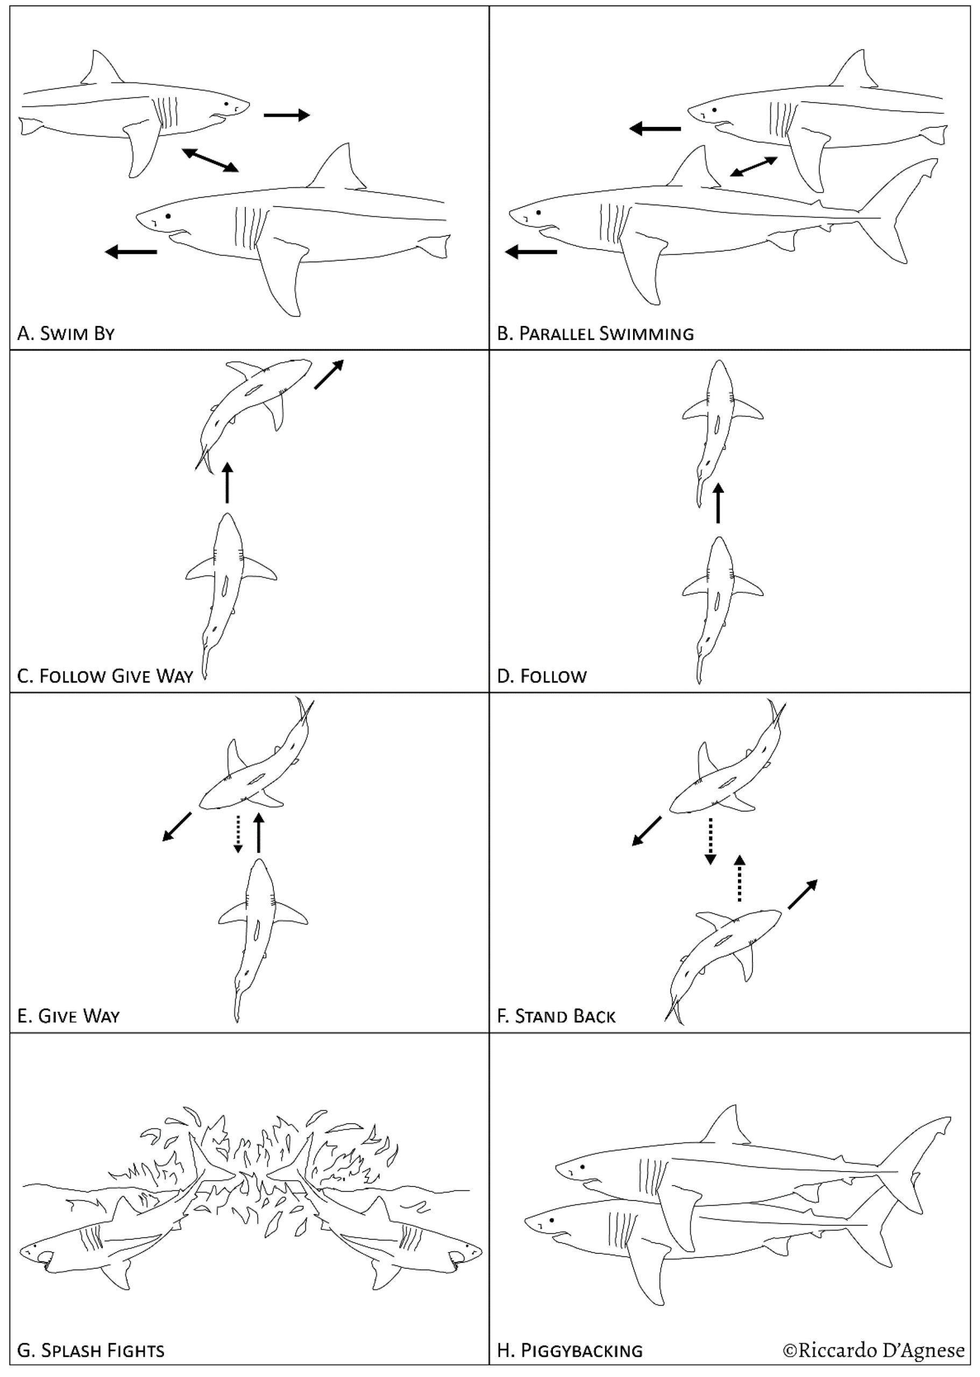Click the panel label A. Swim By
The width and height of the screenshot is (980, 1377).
[66, 333]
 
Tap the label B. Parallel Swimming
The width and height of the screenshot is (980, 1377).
[595, 333]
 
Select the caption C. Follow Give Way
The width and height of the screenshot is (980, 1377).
[105, 676]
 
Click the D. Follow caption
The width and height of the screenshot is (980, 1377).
[541, 676]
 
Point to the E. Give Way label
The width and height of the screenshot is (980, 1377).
[68, 1016]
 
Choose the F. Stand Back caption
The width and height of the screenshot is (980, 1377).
[556, 1016]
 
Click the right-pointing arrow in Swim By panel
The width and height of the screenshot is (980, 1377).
[287, 115]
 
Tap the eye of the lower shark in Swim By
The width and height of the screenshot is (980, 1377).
[168, 215]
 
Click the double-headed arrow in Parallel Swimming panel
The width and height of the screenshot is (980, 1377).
[754, 167]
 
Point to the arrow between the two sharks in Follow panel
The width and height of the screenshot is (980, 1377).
[718, 503]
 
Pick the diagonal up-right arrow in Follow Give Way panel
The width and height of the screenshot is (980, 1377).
[330, 374]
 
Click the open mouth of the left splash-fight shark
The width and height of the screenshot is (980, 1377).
[44, 1258]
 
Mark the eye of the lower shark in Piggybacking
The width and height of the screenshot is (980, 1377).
[551, 1219]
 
